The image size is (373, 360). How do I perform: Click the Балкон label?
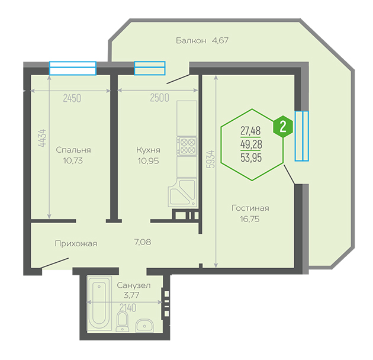click(191, 40)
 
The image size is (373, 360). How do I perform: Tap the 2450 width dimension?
click(72, 98)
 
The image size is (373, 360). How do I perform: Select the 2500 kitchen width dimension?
click(160, 98)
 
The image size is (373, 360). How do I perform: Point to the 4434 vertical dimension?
click(43, 138)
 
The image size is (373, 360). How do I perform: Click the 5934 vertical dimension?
click(211, 159)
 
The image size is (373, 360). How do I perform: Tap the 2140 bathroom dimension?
click(128, 308)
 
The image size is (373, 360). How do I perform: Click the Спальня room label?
click(73, 150)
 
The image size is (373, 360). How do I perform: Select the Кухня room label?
click(148, 150)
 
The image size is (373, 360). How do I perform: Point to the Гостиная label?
click(250, 208)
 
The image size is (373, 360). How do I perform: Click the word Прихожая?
click(76, 243)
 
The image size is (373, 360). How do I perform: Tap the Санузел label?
click(134, 285)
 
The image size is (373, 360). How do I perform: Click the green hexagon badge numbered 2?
click(283, 127)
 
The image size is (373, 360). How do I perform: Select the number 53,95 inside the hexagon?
click(251, 157)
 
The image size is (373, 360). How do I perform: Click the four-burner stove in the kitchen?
click(187, 146)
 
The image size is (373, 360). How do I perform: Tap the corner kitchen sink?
click(183, 192)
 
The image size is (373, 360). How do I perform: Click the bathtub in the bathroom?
click(99, 303)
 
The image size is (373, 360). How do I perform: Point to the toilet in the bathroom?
click(123, 322)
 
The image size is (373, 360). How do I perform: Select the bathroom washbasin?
click(144, 326)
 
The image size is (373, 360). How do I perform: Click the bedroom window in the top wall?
click(73, 68)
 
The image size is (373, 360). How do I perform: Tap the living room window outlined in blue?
click(301, 136)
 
